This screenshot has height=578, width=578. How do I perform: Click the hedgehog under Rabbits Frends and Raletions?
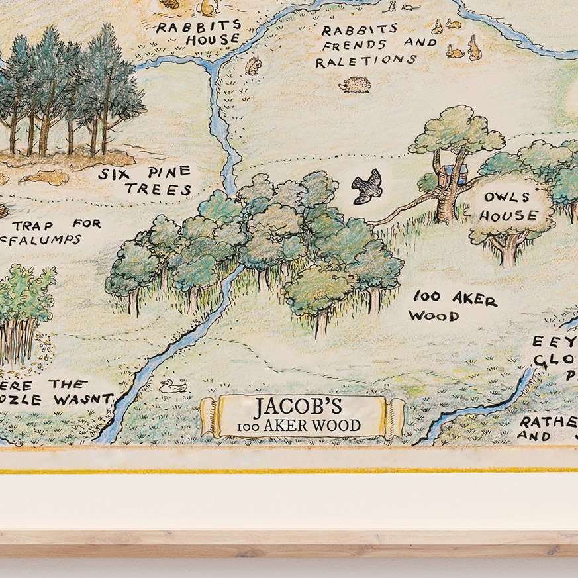[356, 84]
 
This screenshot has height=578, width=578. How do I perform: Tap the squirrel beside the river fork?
[254, 66]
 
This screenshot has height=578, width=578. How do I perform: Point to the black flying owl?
[367, 186]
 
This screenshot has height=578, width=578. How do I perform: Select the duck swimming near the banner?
[173, 385]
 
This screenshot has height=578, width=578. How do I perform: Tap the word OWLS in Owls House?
[506, 197]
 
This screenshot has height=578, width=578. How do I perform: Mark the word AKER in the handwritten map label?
[474, 299]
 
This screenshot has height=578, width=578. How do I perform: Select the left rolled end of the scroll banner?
[210, 416]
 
